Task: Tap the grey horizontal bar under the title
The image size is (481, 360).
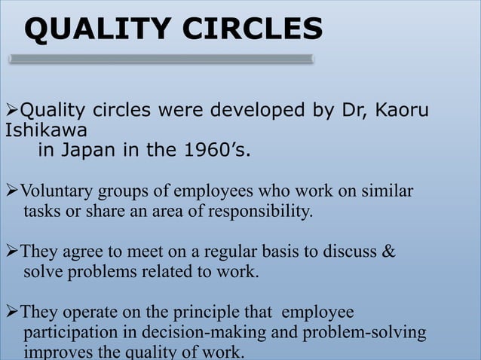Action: (x=161, y=59)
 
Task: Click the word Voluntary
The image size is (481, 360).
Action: (x=54, y=191)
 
